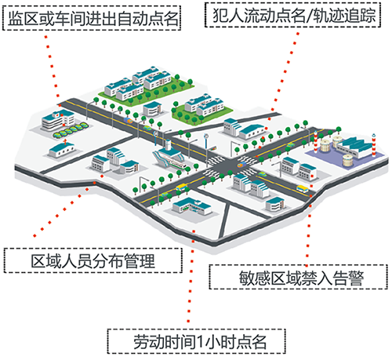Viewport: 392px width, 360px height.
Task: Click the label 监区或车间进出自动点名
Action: coord(92,18)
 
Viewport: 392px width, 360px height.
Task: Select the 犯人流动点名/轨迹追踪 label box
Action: coord(292,15)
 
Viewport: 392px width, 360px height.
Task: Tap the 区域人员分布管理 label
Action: coord(93,260)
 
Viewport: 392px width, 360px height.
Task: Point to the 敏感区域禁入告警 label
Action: coord(299,277)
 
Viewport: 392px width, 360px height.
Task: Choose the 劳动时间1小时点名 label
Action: coord(196,341)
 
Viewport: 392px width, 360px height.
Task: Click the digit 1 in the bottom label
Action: coord(200,341)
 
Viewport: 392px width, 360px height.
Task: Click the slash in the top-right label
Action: coord(310,15)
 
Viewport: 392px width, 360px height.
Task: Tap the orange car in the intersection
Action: coord(241,165)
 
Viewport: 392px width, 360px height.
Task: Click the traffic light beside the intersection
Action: coord(213,148)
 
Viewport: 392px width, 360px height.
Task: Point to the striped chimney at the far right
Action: coord(374,145)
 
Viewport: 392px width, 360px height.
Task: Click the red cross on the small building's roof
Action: coord(65,142)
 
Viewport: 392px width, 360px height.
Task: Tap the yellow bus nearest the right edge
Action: coord(302,189)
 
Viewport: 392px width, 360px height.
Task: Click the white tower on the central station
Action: coord(168,145)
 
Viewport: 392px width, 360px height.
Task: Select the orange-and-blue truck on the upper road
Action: coord(129,121)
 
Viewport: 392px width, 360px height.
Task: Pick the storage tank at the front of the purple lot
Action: coord(347,160)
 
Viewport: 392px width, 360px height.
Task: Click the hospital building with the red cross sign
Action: coord(58,120)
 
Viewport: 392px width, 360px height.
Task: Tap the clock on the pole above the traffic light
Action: coord(206,136)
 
